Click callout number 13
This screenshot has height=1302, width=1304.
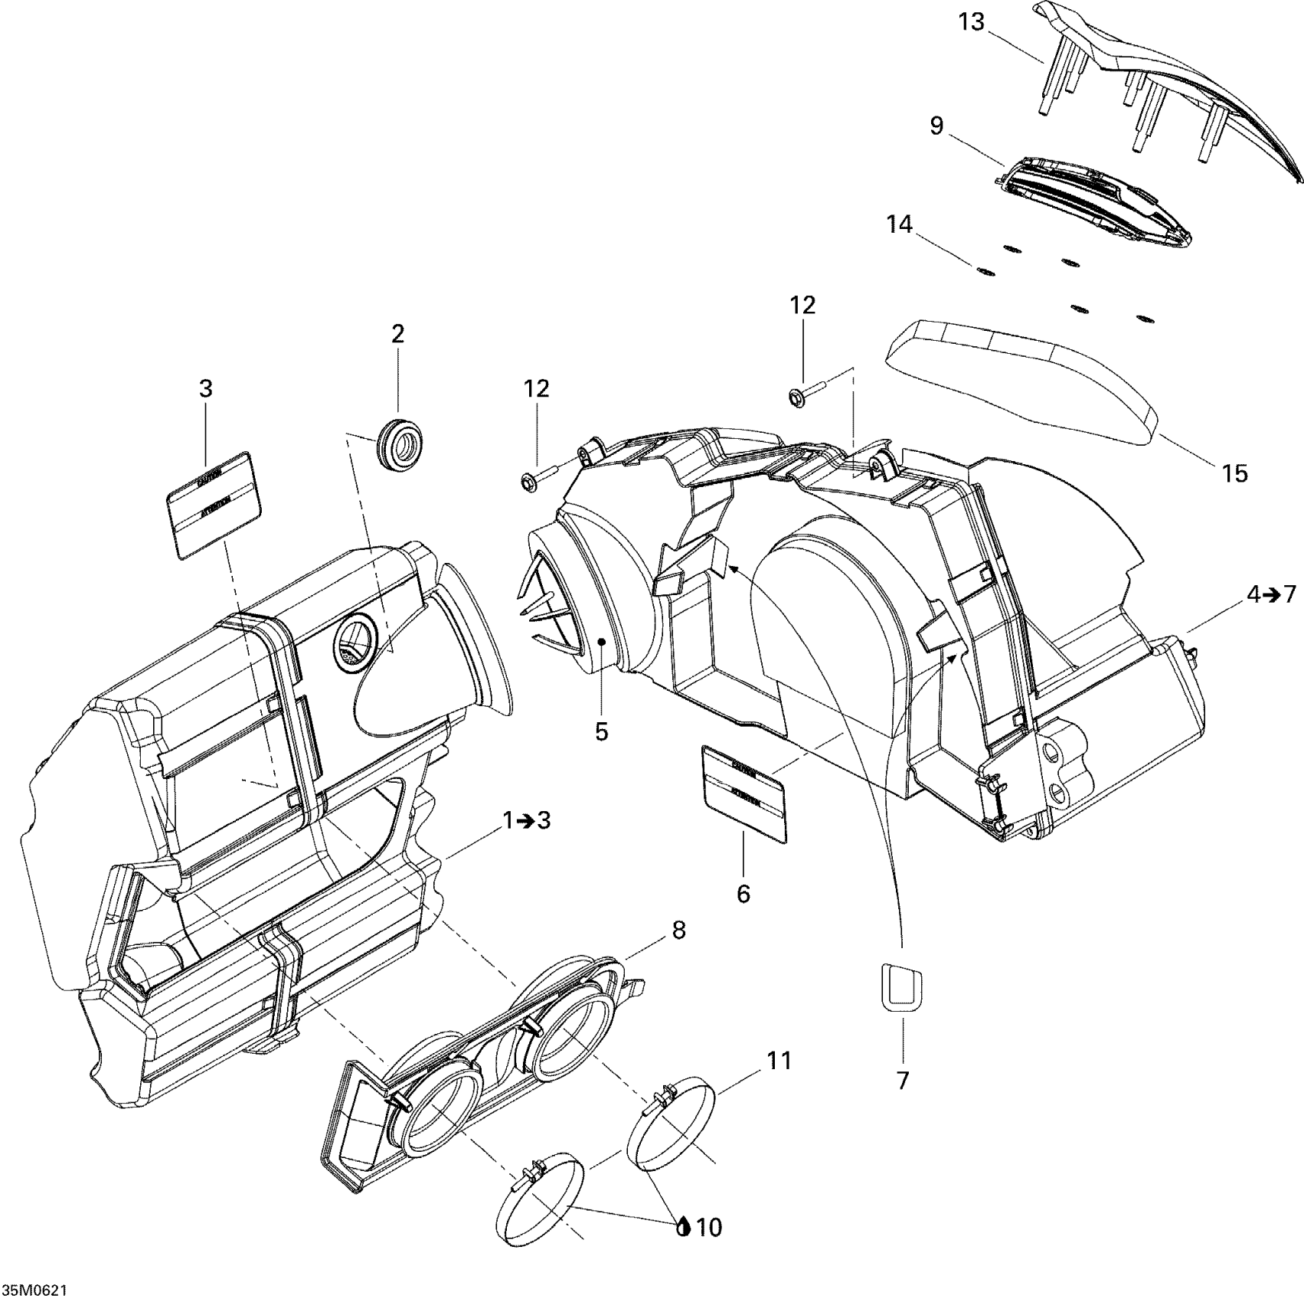point(971,22)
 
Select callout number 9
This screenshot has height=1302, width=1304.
point(937,126)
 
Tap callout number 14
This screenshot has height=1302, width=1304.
point(900,224)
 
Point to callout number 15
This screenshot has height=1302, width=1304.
point(1234,473)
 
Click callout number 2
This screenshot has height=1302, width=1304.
point(398,334)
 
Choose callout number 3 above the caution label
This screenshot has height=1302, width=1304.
point(206,389)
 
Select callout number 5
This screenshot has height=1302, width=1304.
point(602,731)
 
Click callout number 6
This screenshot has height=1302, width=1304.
point(744,893)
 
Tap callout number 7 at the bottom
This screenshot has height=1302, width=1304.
point(903,1081)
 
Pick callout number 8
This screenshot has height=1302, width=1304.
point(678,931)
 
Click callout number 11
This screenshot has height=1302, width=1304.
point(780,1061)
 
